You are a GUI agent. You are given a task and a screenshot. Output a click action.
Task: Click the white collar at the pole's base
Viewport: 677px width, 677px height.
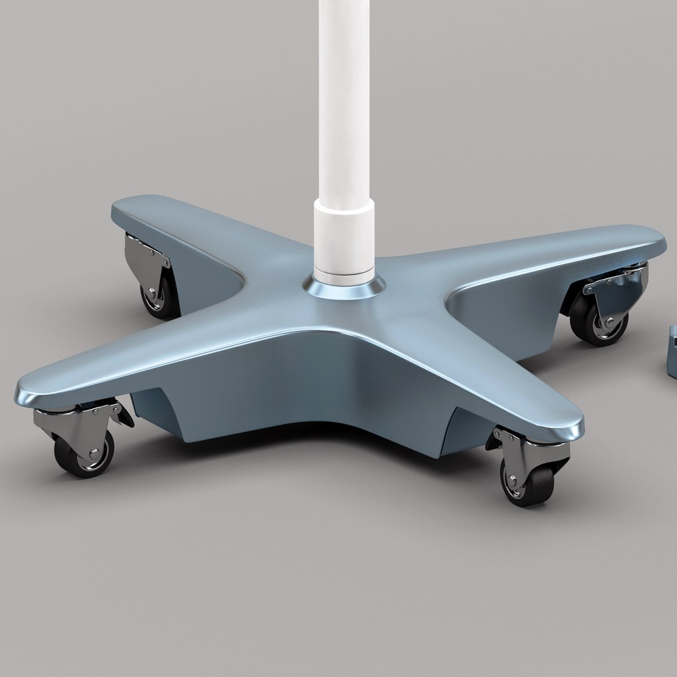click(345, 241)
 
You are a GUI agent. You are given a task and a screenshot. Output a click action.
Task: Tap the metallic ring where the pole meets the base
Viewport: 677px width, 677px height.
click(345, 290)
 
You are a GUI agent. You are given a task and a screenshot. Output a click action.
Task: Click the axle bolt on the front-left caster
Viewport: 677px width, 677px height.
click(93, 452)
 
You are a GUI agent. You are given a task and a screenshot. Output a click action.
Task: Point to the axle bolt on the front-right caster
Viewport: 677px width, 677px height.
click(513, 480)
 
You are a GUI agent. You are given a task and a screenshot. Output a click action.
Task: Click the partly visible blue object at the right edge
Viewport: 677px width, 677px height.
click(672, 351)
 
